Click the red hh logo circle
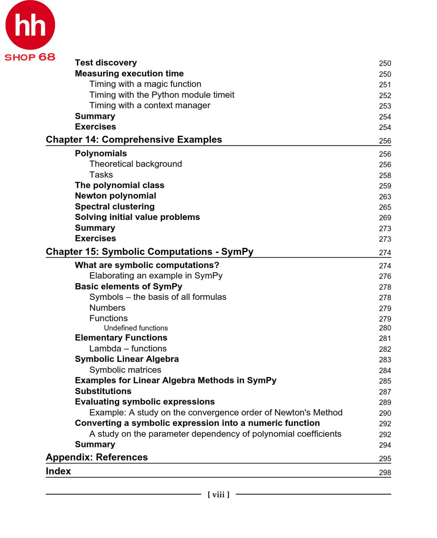pos(30,25)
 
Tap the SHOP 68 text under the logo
pos(30,57)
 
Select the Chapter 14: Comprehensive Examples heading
pos(134,140)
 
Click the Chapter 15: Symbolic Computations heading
pos(149,252)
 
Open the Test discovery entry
pos(106,63)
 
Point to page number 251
pos(385,85)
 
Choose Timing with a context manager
pos(150,106)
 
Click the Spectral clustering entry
pos(115,207)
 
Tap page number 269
pos(385,218)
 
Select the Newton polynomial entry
pos(116,196)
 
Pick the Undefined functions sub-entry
pos(136,328)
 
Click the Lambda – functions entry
pos(128,349)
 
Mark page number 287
pos(385,392)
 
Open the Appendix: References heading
pos(97,457)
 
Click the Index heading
pos(58,471)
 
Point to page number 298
pos(385,472)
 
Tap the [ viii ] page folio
pos(218,495)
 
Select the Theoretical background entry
pos(135,164)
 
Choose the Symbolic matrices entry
pos(125,370)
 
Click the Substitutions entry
pos(103,391)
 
